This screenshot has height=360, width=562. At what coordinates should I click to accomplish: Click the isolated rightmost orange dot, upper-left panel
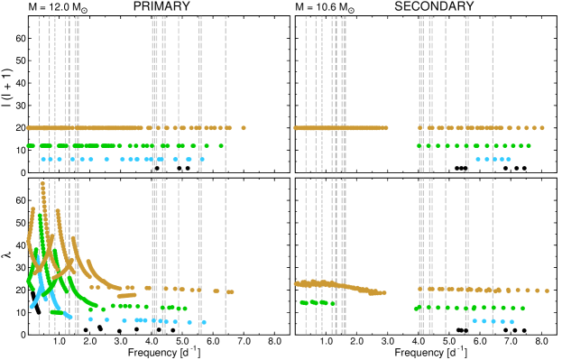pyautogui.click(x=243, y=128)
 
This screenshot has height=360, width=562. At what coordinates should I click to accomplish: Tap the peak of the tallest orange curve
pyautogui.click(x=42, y=184)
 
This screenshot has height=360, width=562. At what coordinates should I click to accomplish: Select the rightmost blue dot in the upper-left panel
pyautogui.click(x=202, y=160)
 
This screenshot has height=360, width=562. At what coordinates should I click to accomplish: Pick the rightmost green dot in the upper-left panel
pyautogui.click(x=221, y=145)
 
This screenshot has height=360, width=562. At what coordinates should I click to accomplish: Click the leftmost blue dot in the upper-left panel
pyautogui.click(x=42, y=160)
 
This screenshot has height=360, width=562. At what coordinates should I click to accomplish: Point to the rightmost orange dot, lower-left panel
pyautogui.click(x=231, y=291)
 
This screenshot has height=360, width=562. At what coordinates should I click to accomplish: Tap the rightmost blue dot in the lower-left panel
pyautogui.click(x=204, y=321)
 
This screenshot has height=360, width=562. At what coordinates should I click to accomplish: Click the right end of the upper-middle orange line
pyautogui.click(x=386, y=128)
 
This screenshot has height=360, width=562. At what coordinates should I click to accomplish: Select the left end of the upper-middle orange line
pyautogui.click(x=296, y=128)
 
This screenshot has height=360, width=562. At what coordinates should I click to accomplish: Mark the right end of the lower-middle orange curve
pyautogui.click(x=384, y=292)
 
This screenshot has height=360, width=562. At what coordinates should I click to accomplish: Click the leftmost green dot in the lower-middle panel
pyautogui.click(x=302, y=302)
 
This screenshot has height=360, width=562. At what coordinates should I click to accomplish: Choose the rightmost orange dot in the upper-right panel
pyautogui.click(x=542, y=128)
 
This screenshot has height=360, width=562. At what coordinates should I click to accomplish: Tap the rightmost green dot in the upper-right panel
pyautogui.click(x=529, y=145)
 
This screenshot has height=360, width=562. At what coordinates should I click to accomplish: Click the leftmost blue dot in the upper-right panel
pyautogui.click(x=477, y=160)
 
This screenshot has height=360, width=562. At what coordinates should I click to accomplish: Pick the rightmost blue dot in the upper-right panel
pyautogui.click(x=509, y=160)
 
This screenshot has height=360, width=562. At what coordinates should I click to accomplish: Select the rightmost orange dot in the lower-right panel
pyautogui.click(x=548, y=291)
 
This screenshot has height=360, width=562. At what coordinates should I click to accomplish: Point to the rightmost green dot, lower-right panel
pyautogui.click(x=522, y=308)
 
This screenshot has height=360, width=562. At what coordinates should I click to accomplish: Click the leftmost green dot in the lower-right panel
pyautogui.click(x=417, y=309)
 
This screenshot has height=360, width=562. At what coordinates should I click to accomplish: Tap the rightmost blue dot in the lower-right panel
pyautogui.click(x=512, y=321)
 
